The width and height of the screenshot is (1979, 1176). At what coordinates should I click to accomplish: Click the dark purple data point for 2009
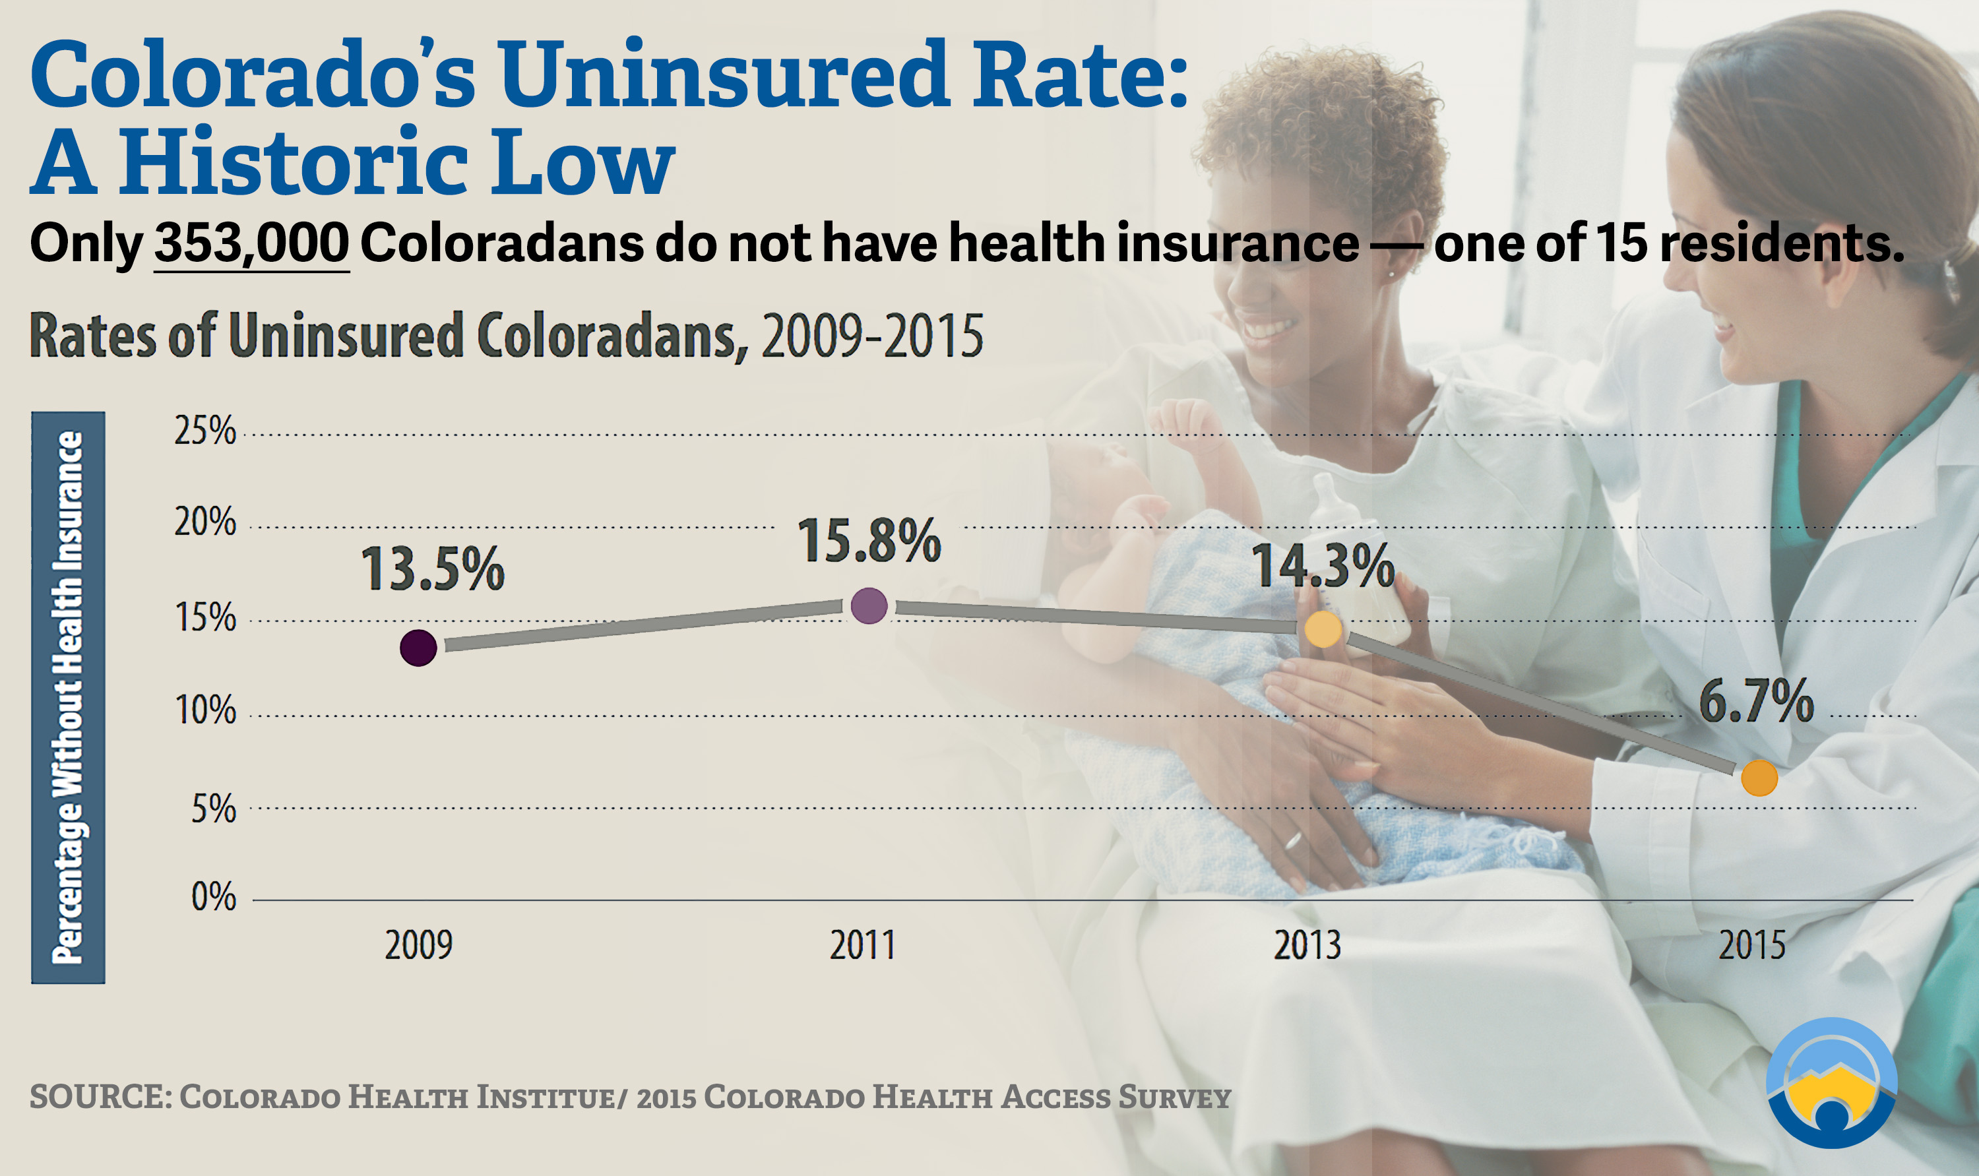pyautogui.click(x=418, y=648)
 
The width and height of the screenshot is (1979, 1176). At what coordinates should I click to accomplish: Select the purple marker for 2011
pyautogui.click(x=869, y=606)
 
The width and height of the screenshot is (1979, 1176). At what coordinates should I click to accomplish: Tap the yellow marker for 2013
pyautogui.click(x=1323, y=630)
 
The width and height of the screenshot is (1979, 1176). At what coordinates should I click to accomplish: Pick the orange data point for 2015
pyautogui.click(x=1759, y=778)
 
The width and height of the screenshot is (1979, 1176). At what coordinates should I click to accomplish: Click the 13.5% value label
pyautogui.click(x=433, y=569)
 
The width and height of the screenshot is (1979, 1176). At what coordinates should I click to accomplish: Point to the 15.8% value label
pyautogui.click(x=869, y=542)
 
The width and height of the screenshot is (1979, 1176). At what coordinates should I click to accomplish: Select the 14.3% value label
pyautogui.click(x=1323, y=566)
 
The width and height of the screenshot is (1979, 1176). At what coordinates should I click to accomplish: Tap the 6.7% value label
pyautogui.click(x=1756, y=701)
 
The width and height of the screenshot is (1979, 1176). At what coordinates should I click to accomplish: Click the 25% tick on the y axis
pyautogui.click(x=205, y=431)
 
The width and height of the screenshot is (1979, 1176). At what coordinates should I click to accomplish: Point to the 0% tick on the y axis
pyautogui.click(x=214, y=898)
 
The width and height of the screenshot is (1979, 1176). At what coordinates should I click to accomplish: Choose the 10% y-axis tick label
pyautogui.click(x=205, y=711)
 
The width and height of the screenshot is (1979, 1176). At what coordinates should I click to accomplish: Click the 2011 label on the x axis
pyautogui.click(x=862, y=945)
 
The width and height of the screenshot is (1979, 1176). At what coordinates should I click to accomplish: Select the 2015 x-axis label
pyautogui.click(x=1751, y=945)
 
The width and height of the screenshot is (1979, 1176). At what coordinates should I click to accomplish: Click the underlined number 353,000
pyautogui.click(x=251, y=243)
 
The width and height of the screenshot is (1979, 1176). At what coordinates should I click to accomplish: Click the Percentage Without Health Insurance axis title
pyautogui.click(x=68, y=697)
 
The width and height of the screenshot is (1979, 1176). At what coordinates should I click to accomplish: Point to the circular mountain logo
pyautogui.click(x=1831, y=1082)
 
